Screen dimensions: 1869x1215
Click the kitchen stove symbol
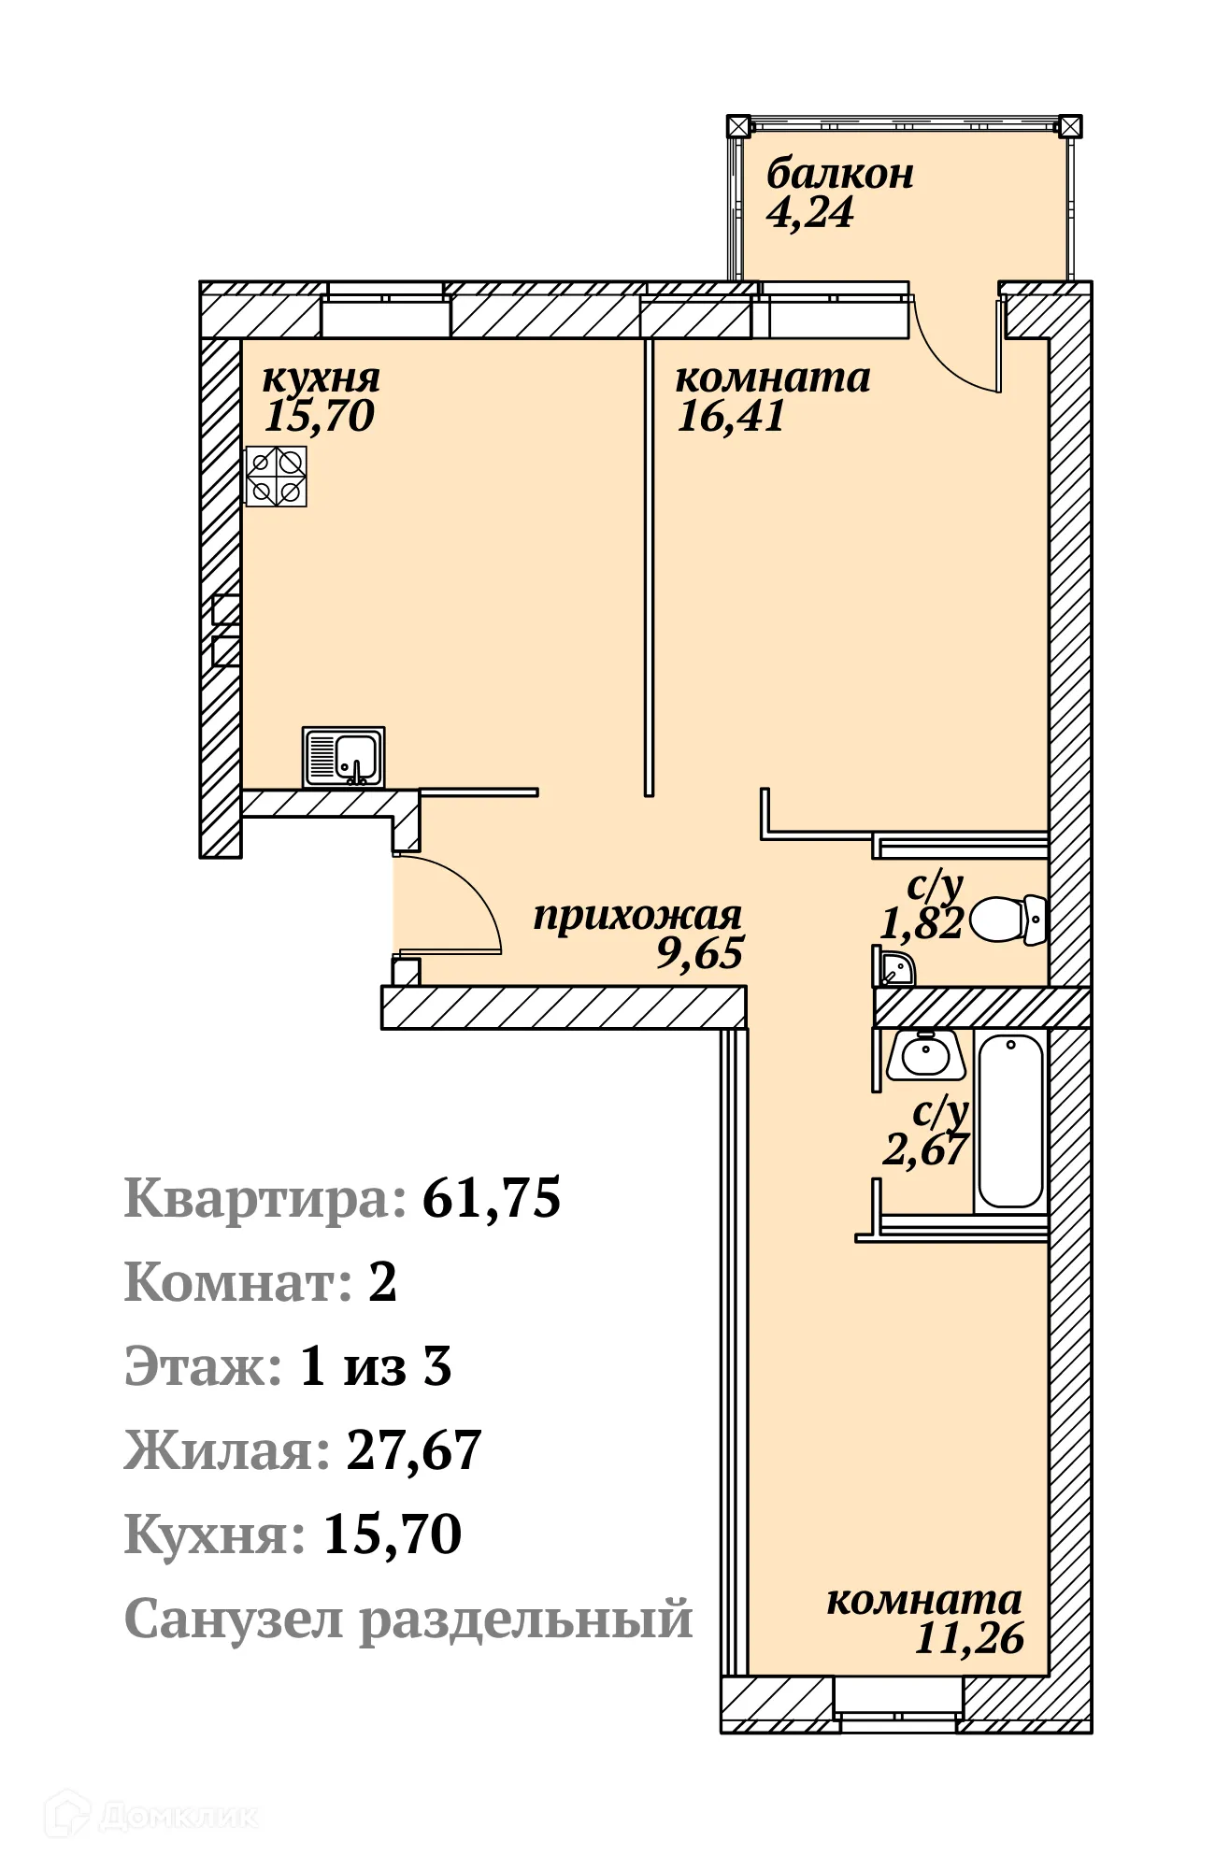coord(276,477)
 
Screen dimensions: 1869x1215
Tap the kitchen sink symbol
coord(344,757)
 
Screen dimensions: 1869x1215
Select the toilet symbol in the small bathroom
coord(1008,920)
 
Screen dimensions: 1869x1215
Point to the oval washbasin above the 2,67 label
coord(925,1056)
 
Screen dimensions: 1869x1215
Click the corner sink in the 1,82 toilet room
coord(895,969)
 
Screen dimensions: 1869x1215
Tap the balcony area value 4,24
coord(809,213)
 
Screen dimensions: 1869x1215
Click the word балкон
coord(839,174)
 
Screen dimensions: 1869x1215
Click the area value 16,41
coord(731,417)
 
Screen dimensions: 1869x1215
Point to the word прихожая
coord(637,916)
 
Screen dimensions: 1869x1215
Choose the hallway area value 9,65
coord(699,954)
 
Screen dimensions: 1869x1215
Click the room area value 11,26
coord(969,1638)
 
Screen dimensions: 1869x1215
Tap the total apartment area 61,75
coord(492,1198)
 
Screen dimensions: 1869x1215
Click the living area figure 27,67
coord(413,1450)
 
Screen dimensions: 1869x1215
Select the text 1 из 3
coord(375,1366)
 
